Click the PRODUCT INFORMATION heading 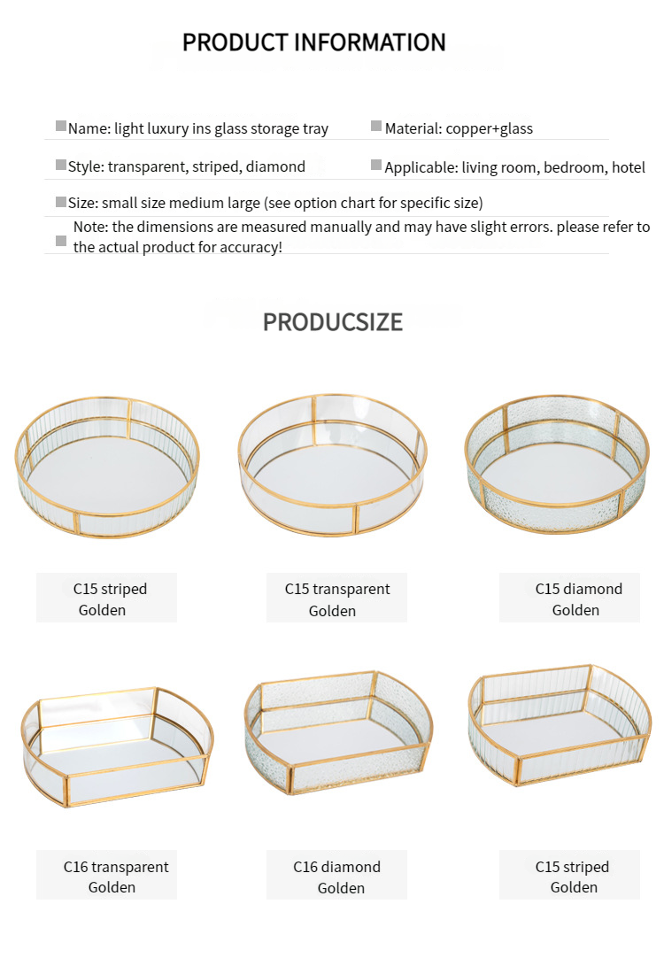pyautogui.click(x=314, y=42)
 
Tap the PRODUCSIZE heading pyautogui.click(x=332, y=322)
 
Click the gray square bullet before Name pyautogui.click(x=61, y=126)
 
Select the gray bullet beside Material pyautogui.click(x=376, y=126)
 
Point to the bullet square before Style pyautogui.click(x=61, y=165)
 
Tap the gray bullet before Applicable pyautogui.click(x=376, y=165)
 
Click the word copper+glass pyautogui.click(x=490, y=129)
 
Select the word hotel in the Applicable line pyautogui.click(x=629, y=167)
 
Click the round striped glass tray pyautogui.click(x=107, y=467)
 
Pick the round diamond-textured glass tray pyautogui.click(x=557, y=464)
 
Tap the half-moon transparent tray pyautogui.click(x=118, y=746)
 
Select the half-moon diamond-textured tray pyautogui.click(x=339, y=732)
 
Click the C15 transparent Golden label pyautogui.click(x=336, y=599)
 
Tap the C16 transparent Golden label pyautogui.click(x=116, y=877)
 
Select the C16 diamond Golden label pyautogui.click(x=336, y=877)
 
